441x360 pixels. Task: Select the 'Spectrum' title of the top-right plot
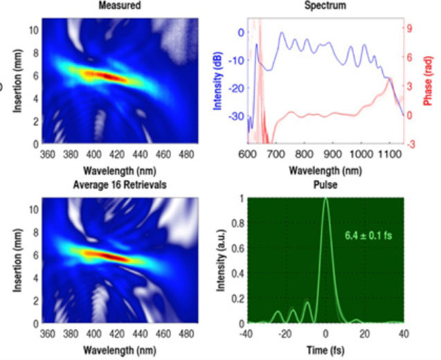pos(325,6)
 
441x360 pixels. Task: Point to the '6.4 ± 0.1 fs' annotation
pos(369,236)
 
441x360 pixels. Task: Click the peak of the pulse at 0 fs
pos(326,199)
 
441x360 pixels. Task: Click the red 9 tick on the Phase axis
pos(411,29)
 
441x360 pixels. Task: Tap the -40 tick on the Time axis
pos(249,334)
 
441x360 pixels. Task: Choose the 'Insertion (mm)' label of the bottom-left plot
pos(14,260)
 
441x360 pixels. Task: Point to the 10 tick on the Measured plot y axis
pos(33,30)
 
